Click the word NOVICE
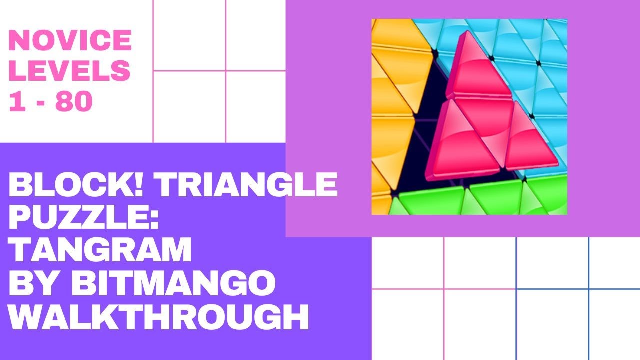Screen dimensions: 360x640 click(x=70, y=41)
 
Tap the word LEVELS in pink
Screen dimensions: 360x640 click(x=70, y=71)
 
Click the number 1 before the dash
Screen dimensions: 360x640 click(x=17, y=102)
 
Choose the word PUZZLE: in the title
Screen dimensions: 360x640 click(x=83, y=218)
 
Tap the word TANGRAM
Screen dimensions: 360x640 click(x=100, y=251)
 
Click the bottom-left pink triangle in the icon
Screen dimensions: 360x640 click(x=450, y=145)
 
